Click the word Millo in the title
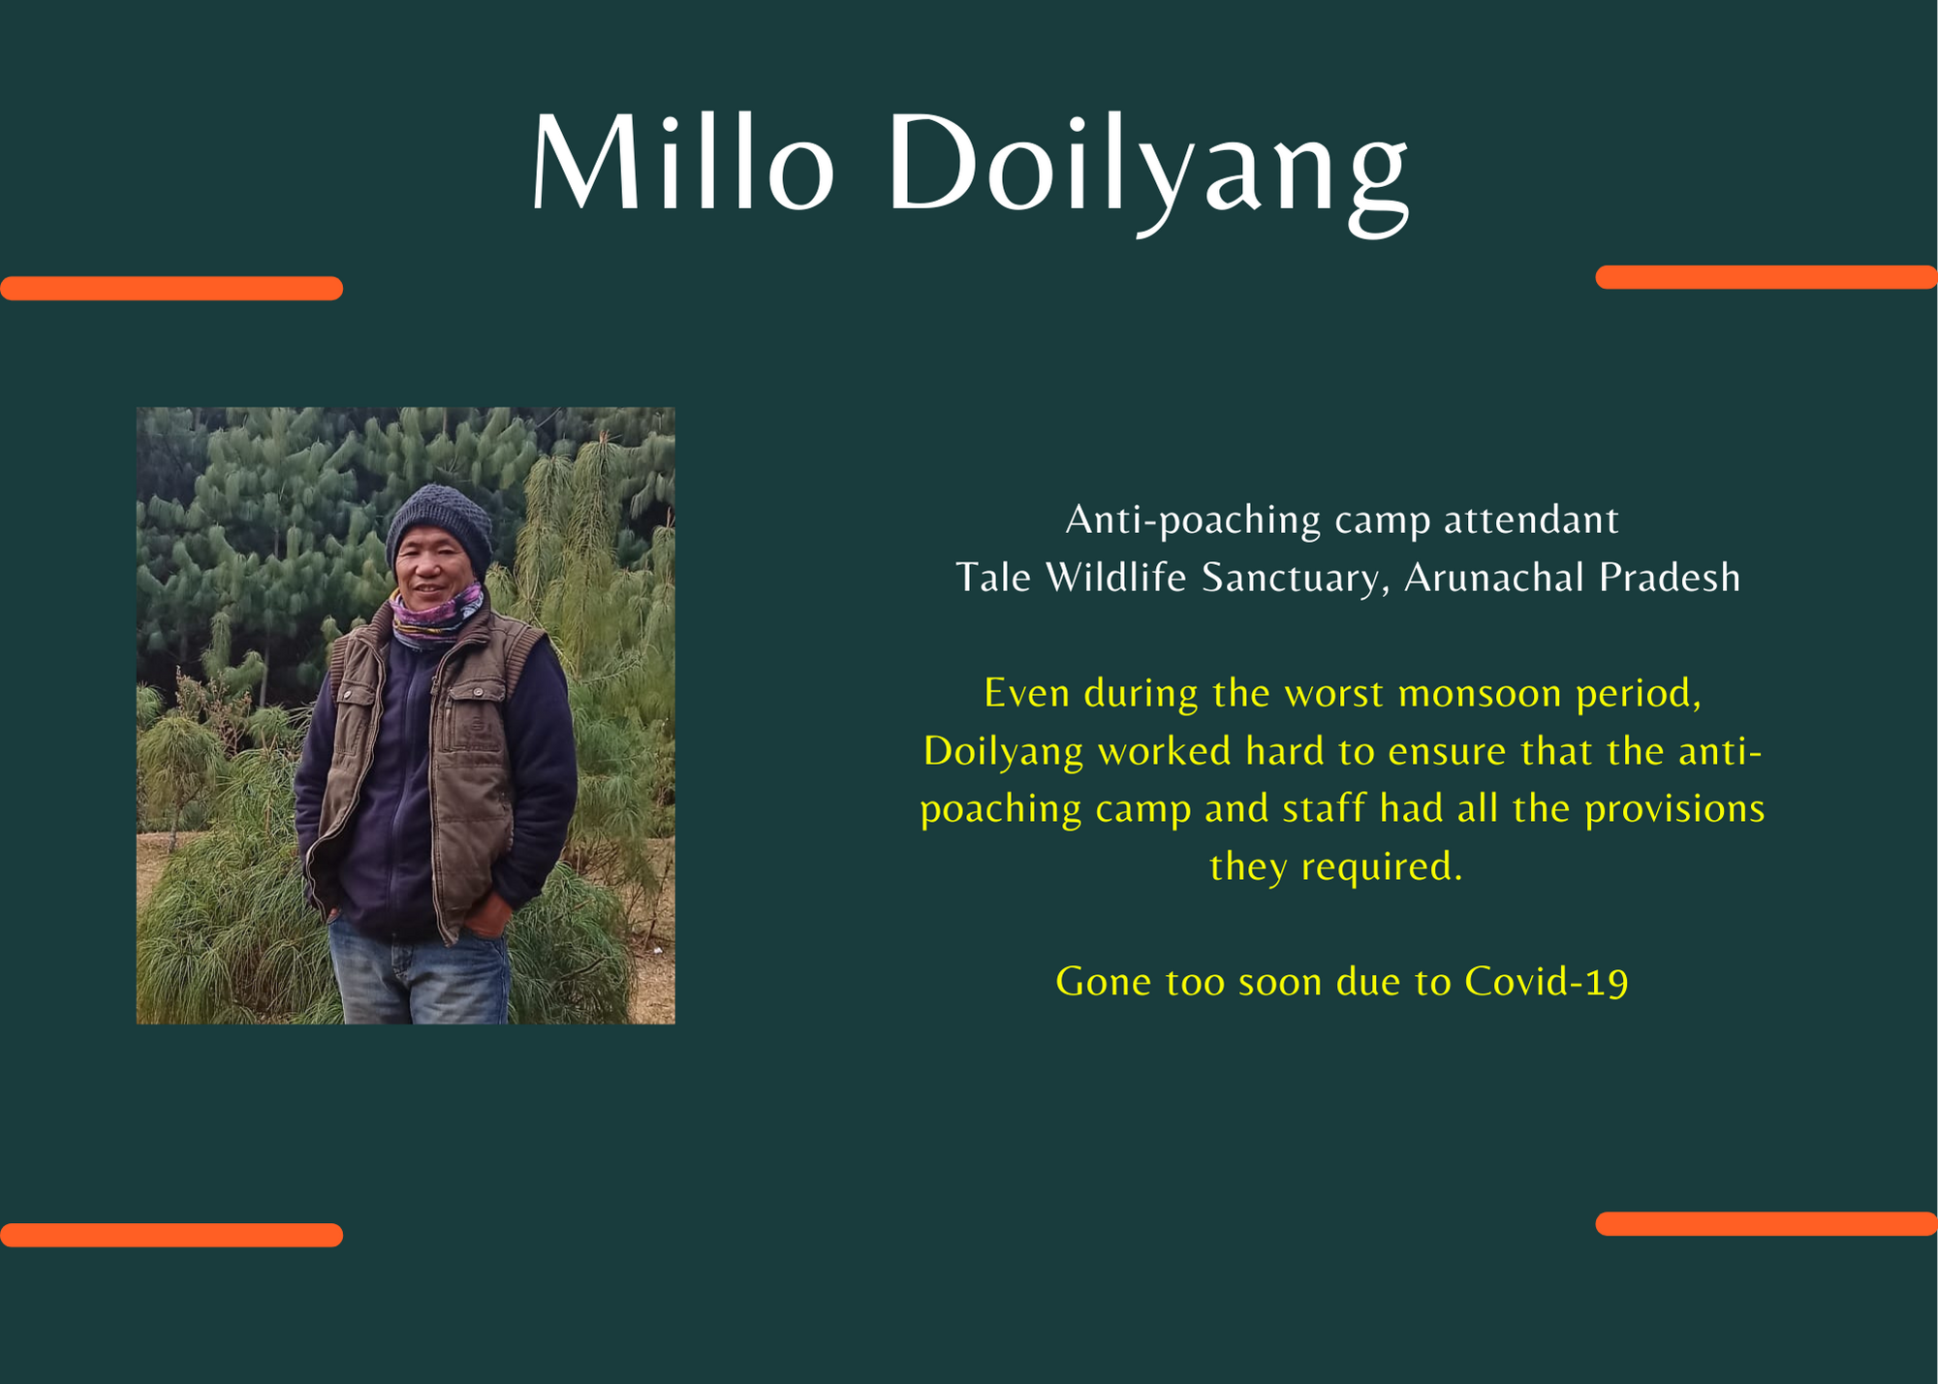682,161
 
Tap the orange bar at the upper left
172,288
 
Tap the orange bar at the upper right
1766,277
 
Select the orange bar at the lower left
172,1235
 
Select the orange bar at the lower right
1766,1224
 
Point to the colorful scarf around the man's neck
435,614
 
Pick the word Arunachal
1495,578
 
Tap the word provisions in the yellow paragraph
1674,809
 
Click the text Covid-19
1547,982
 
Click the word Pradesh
1670,578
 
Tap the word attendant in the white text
1531,520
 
